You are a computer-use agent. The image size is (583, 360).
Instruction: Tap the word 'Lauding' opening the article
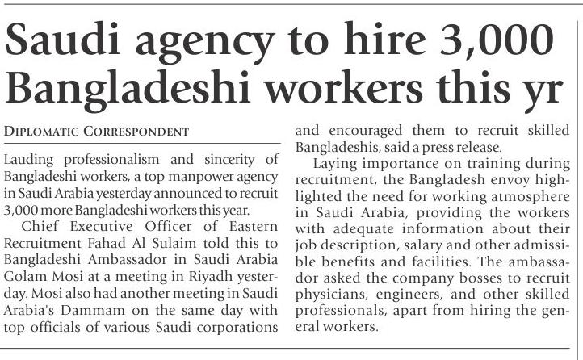coord(28,158)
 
